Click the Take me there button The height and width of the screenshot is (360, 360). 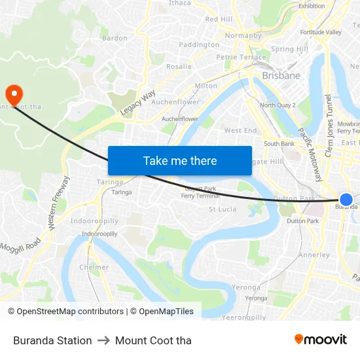point(180,160)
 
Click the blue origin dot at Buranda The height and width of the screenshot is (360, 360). point(346,200)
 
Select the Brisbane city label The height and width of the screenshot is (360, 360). point(281,76)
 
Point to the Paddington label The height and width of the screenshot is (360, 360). point(199,45)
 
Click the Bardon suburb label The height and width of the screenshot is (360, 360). point(115,38)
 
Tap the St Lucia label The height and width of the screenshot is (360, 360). point(222,209)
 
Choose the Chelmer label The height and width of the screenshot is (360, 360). point(94,267)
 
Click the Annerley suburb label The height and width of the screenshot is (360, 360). point(314,255)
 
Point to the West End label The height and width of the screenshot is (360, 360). point(240,131)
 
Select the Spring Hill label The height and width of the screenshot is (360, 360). point(289,49)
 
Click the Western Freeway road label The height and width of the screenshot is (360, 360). point(59,203)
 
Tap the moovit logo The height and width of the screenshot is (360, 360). point(320,339)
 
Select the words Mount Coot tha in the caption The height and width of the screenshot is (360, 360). point(153,340)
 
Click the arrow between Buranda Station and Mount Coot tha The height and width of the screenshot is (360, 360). point(103,340)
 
